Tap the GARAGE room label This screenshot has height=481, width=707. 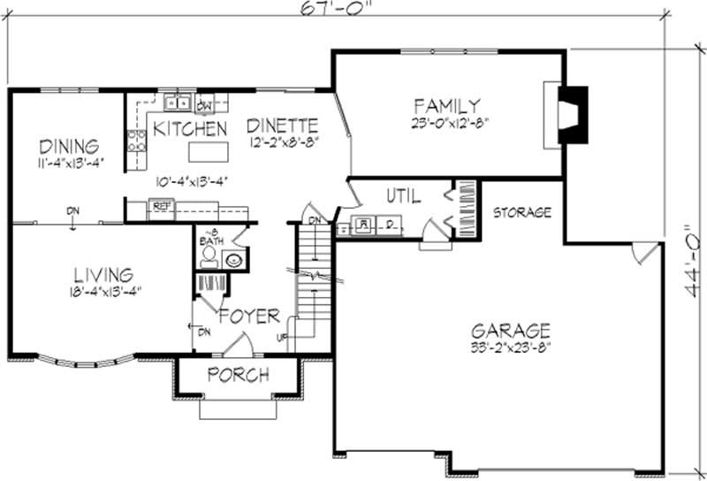click(510, 331)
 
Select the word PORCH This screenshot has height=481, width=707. click(238, 375)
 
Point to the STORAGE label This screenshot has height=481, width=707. click(522, 212)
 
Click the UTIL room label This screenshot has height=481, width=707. click(403, 195)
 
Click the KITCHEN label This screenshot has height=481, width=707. click(190, 128)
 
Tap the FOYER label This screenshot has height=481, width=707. click(250, 316)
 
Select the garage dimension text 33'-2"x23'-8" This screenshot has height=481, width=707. click(511, 347)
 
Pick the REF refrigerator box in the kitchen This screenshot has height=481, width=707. click(161, 206)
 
